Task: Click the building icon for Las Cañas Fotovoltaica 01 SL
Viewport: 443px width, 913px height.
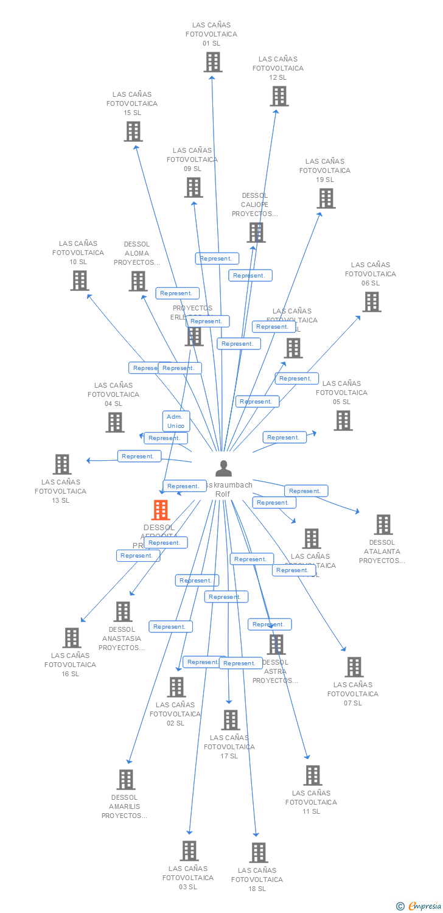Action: click(212, 62)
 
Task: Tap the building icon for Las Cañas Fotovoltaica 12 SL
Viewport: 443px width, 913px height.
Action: click(279, 96)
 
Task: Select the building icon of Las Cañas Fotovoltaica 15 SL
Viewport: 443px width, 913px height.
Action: click(133, 131)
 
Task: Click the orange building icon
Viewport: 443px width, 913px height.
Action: click(161, 510)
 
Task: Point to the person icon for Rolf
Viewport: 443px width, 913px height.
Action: click(223, 469)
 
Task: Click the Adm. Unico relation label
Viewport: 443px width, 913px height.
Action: click(176, 421)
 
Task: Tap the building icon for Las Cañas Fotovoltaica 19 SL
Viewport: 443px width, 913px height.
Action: click(326, 198)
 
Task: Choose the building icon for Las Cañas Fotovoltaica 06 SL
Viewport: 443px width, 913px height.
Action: click(371, 302)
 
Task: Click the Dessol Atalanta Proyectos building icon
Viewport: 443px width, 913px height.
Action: click(383, 525)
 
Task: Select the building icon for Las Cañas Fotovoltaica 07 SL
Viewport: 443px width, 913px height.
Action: click(354, 667)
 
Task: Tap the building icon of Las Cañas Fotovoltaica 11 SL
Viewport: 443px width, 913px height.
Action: click(312, 775)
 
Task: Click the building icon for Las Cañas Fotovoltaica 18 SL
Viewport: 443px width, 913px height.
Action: click(258, 853)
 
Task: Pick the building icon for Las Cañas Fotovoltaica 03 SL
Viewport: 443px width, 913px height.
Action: click(189, 851)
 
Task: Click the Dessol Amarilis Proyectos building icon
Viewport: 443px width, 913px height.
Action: click(125, 780)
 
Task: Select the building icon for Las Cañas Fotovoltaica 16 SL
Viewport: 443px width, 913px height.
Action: click(71, 638)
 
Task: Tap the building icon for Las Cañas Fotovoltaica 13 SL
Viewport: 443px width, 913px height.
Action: click(61, 464)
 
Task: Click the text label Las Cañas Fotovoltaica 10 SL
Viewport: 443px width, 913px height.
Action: click(78, 253)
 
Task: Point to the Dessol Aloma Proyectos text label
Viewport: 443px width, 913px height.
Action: click(136, 253)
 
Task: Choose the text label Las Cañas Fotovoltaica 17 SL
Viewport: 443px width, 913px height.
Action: click(229, 747)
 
